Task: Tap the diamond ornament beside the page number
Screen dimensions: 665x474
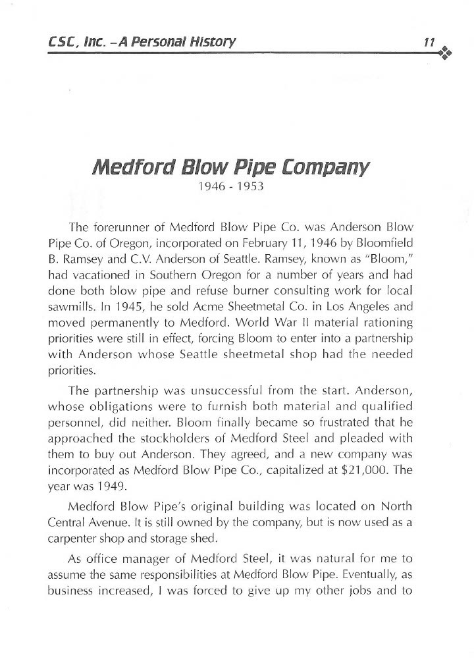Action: (x=445, y=52)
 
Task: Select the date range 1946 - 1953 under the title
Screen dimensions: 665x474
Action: (x=231, y=186)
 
